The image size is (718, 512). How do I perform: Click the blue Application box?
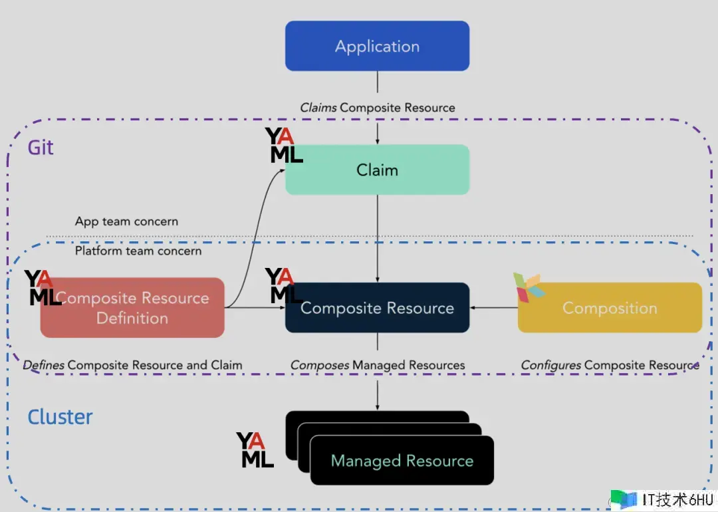pyautogui.click(x=377, y=46)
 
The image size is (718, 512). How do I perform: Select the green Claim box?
pyautogui.click(x=377, y=170)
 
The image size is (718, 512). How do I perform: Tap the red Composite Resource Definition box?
pyautogui.click(x=132, y=308)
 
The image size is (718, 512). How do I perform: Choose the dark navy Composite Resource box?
pyautogui.click(x=377, y=308)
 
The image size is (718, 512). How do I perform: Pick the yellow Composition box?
pyautogui.click(x=610, y=308)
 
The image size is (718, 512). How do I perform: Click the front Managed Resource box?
pyautogui.click(x=402, y=461)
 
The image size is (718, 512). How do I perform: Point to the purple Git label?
pyautogui.click(x=41, y=147)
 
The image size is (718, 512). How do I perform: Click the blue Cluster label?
pyautogui.click(x=60, y=417)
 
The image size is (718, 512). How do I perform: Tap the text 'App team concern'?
pyautogui.click(x=126, y=221)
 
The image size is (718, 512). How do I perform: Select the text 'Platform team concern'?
pyautogui.click(x=138, y=251)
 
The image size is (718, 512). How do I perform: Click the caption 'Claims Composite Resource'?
pyautogui.click(x=377, y=108)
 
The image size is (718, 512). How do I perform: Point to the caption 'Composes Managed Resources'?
pyautogui.click(x=377, y=365)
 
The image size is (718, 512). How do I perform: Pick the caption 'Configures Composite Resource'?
pyautogui.click(x=610, y=365)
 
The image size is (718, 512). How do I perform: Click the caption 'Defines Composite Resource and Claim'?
pyautogui.click(x=132, y=365)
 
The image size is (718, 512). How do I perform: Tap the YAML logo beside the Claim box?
pyautogui.click(x=284, y=146)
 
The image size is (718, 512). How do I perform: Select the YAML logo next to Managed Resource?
pyautogui.click(x=255, y=450)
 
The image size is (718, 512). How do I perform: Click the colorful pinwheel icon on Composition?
pyautogui.click(x=529, y=287)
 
